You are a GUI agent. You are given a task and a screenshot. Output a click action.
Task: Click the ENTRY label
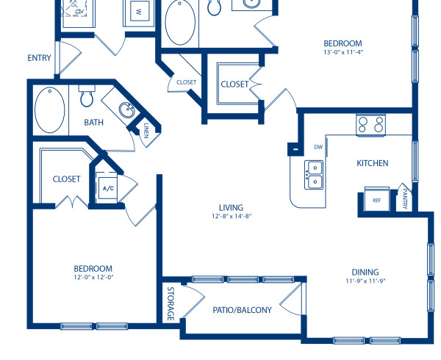coord(40,58)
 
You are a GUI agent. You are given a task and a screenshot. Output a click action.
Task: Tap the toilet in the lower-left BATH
coord(87,96)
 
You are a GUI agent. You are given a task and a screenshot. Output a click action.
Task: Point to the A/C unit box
coord(108,188)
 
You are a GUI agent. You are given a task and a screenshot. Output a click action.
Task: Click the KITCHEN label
coord(372,163)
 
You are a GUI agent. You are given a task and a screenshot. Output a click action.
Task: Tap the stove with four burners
coord(372,124)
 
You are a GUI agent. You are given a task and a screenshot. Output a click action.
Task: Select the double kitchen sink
coord(314,175)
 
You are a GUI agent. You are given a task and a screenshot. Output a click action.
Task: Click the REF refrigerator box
coord(376,200)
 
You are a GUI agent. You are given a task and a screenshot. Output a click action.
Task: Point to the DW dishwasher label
coord(318,147)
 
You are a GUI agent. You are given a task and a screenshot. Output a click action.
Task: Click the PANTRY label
coord(405,199)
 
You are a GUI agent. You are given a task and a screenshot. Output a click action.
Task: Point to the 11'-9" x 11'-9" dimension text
coord(366,281)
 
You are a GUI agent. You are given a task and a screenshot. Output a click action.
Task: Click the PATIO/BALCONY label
coord(242,310)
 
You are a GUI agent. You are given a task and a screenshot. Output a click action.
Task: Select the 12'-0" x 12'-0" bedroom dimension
coord(93,278)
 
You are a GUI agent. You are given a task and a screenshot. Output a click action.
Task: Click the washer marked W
coord(137,12)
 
